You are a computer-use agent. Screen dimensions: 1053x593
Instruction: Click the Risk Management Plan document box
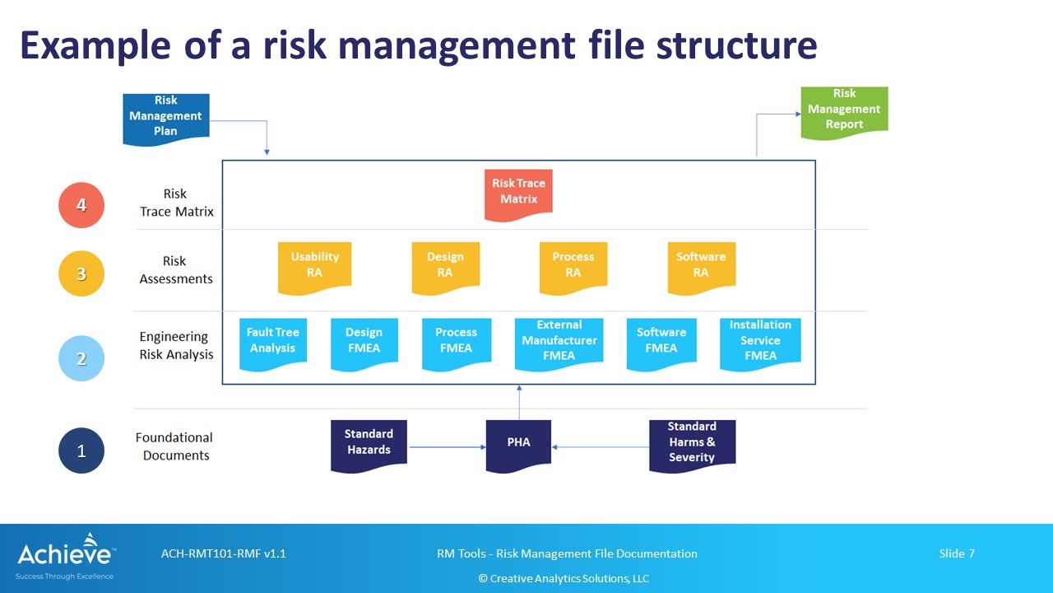[x=166, y=119]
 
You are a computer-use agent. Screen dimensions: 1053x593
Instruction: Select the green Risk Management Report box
[x=844, y=113]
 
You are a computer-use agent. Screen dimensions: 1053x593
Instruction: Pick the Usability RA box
[x=314, y=268]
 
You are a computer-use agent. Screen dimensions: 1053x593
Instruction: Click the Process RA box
[x=573, y=268]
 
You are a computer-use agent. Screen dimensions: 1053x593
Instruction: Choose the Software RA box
[x=702, y=268]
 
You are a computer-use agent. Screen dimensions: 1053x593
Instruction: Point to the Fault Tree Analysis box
[x=273, y=344]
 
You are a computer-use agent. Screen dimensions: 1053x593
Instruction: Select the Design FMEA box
[x=364, y=344]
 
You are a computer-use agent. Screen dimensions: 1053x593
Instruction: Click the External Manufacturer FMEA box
[x=559, y=344]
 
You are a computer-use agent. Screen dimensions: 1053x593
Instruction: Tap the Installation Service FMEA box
[x=760, y=344]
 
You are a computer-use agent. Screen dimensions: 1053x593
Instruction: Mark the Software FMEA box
[x=661, y=344]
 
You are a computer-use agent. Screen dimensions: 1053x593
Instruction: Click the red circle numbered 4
[x=81, y=205]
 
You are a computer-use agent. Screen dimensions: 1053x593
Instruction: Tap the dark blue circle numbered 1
[x=81, y=451]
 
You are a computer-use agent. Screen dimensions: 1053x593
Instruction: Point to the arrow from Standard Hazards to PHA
[x=447, y=447]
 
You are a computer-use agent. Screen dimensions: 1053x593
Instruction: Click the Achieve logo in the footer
[x=65, y=556]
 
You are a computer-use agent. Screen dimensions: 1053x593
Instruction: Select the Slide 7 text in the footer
[x=957, y=553]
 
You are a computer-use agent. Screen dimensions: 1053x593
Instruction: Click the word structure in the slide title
[x=736, y=45]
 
